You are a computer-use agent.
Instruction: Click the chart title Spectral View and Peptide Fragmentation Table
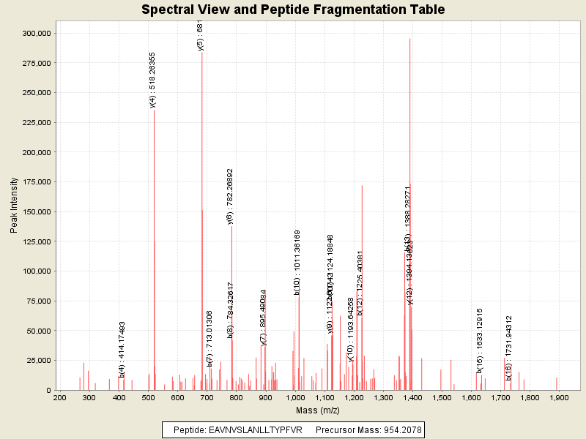293,10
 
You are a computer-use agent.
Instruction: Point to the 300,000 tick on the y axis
36,33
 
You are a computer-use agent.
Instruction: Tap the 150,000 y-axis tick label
36,211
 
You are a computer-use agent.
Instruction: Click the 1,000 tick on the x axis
294,397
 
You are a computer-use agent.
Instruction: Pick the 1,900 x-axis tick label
559,397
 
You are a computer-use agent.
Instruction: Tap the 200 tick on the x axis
60,397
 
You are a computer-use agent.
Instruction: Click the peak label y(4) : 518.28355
152,80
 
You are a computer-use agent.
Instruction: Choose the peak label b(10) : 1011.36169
297,263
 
